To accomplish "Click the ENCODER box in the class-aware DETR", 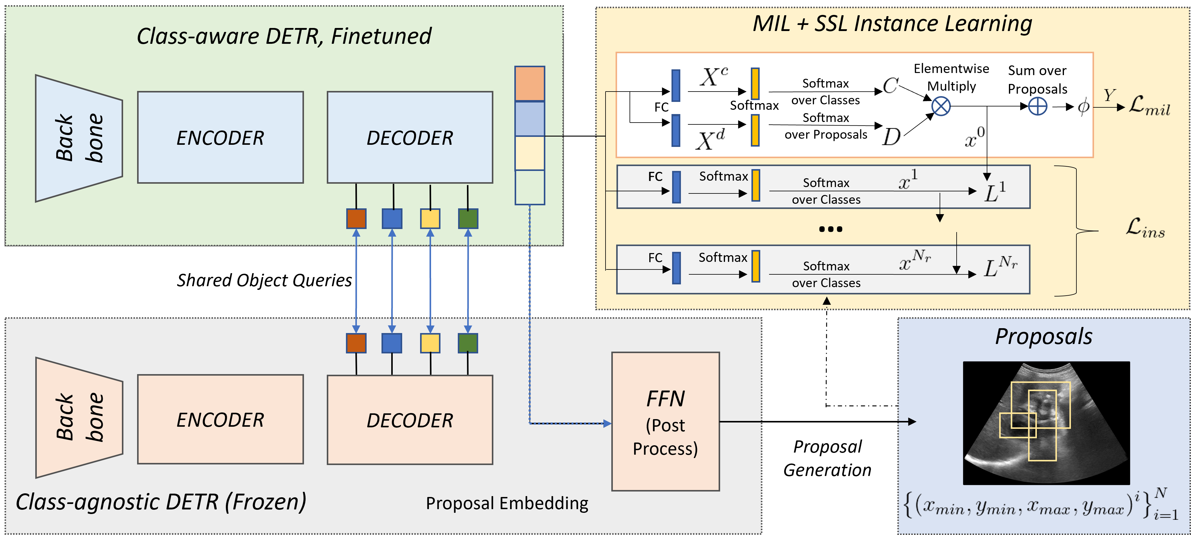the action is coord(220,137).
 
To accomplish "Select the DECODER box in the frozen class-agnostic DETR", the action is coord(410,419).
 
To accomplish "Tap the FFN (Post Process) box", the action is coord(665,421).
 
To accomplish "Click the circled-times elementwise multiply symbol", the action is coord(941,106).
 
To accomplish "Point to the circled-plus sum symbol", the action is coord(1037,107).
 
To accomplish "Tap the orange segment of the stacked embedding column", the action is coord(530,84).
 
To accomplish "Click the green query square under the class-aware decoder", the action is coord(468,219).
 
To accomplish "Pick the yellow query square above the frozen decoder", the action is coord(430,343).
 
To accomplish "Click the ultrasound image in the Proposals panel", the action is coord(1046,423).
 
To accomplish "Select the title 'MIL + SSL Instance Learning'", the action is coord(892,24).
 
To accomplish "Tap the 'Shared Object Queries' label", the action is coord(264,280).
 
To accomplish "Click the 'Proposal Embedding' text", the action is coord(507,503).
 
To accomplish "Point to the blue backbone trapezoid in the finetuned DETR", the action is coord(79,138).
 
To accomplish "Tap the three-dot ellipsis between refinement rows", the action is coord(830,229).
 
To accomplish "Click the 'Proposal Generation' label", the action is coord(827,458).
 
